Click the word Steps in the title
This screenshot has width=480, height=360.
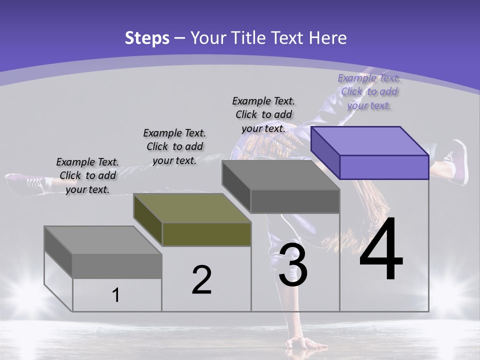(x=147, y=38)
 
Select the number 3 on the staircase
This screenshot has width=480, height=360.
(x=293, y=264)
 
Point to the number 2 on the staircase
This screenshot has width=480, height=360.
(x=201, y=280)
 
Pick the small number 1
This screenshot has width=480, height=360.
(x=116, y=295)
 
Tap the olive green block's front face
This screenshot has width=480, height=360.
(x=206, y=234)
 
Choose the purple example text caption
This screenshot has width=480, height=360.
(x=369, y=91)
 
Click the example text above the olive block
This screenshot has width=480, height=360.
(x=174, y=146)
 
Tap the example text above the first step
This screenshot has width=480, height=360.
(x=87, y=175)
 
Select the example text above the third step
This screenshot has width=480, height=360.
(x=263, y=114)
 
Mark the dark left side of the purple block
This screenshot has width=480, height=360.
(x=325, y=152)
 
